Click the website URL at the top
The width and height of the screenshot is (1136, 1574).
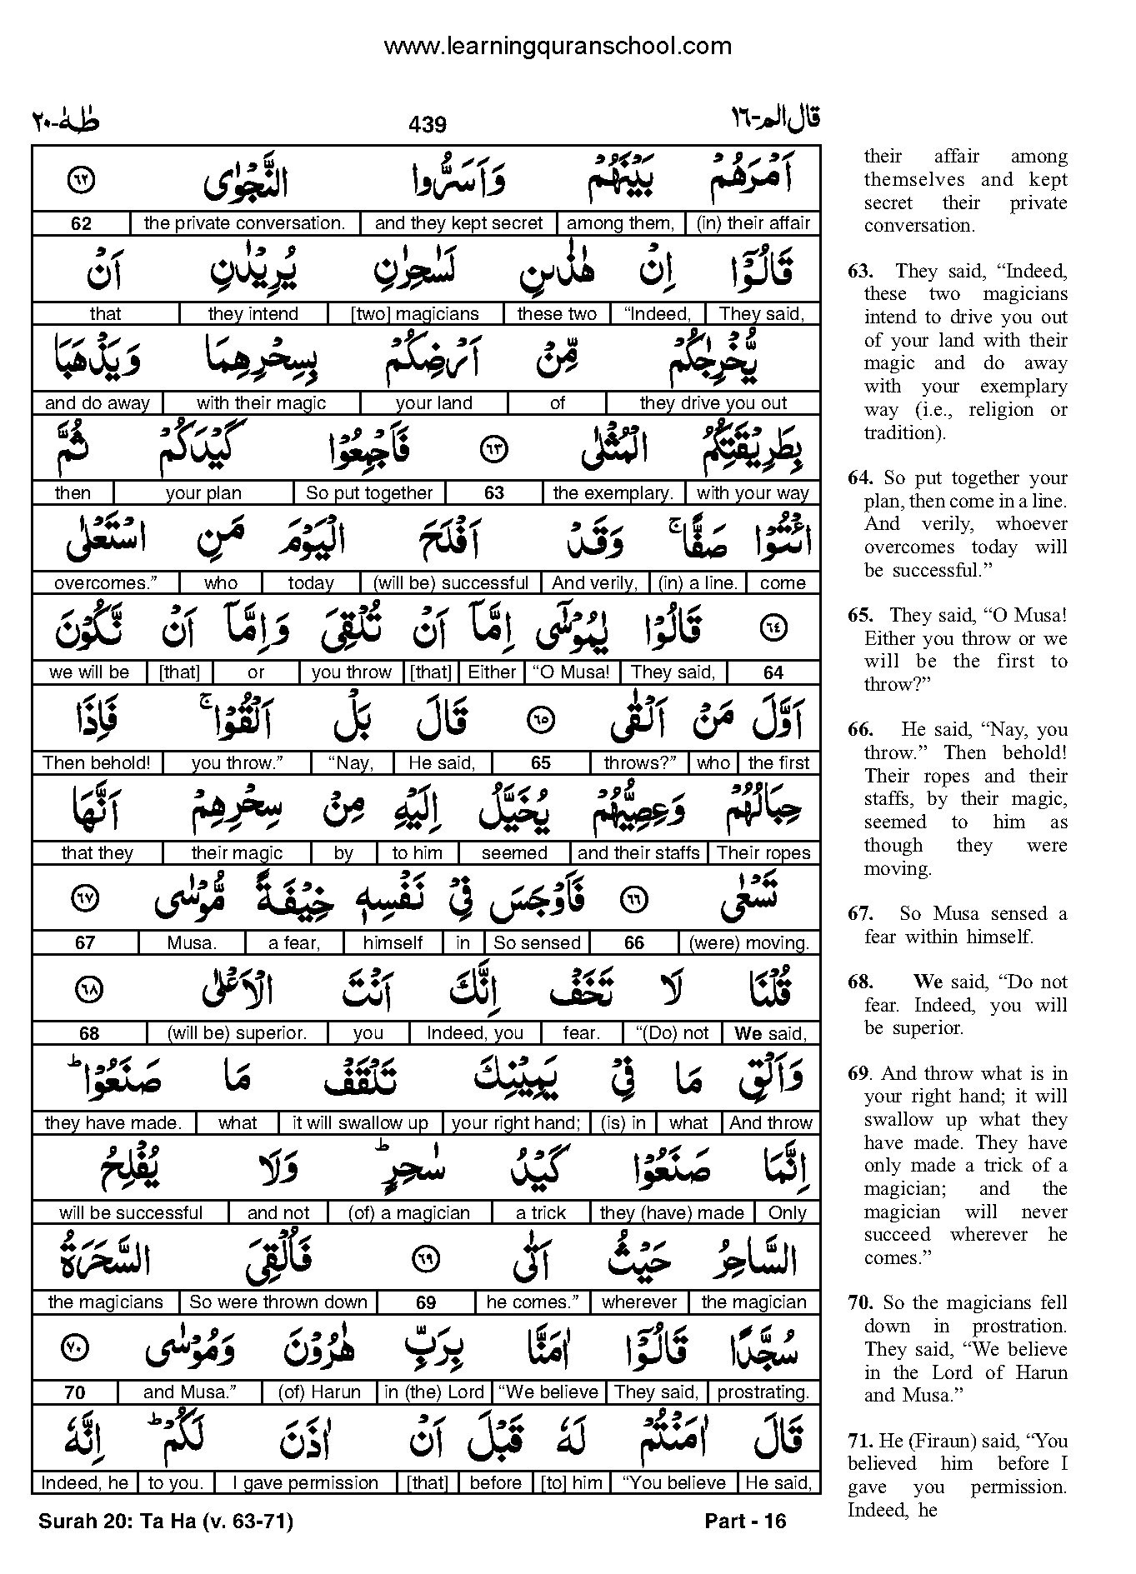(557, 47)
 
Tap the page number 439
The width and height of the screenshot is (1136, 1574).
(428, 125)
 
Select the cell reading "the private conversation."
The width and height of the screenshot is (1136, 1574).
(244, 223)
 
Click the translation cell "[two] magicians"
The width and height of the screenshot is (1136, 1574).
(415, 314)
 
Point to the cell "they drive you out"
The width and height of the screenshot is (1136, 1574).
(713, 403)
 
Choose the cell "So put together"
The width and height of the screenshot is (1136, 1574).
(369, 493)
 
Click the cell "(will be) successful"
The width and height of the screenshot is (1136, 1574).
(450, 583)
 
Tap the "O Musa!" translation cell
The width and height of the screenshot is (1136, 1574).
(572, 672)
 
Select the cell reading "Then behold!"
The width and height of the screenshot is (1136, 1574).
(97, 762)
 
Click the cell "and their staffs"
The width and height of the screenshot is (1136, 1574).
(638, 852)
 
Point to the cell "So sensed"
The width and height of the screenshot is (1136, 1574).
(537, 942)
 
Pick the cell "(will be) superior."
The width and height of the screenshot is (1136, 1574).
(237, 1033)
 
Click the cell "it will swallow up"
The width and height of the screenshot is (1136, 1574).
(360, 1123)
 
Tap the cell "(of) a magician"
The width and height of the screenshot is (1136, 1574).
(409, 1213)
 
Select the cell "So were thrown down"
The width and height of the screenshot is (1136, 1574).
(278, 1302)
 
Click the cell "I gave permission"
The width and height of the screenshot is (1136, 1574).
(305, 1483)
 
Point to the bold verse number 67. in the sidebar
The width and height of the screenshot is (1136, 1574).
(859, 914)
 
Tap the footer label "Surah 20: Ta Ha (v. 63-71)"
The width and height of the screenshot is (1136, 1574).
(166, 1522)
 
